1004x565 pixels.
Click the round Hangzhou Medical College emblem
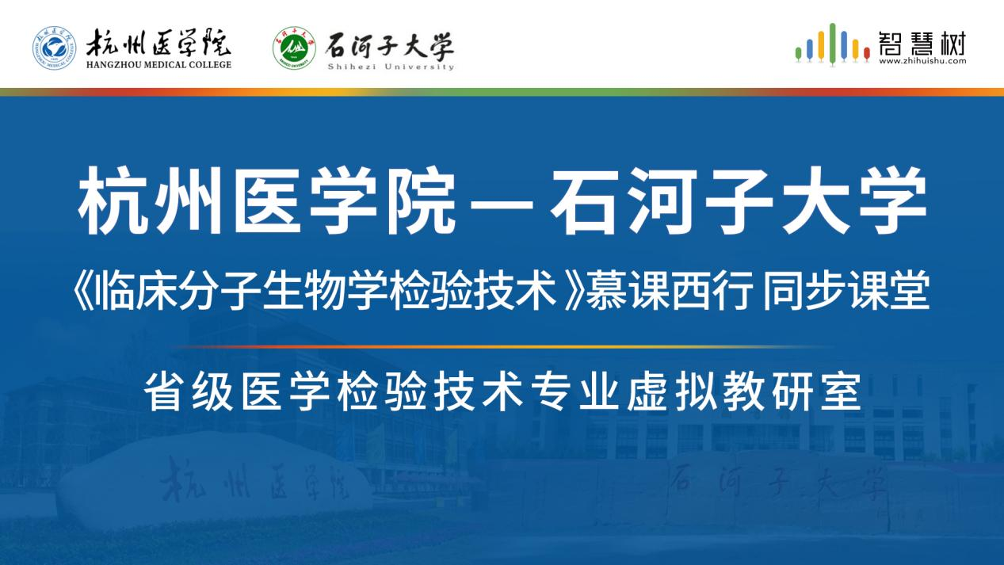pos(54,48)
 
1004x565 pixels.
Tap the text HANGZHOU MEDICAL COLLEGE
pos(158,65)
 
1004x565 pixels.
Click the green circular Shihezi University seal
pos(294,48)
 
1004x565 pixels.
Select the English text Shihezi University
pos(391,67)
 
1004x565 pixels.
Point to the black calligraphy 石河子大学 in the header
pos(390,46)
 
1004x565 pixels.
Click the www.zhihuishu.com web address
pos(922,61)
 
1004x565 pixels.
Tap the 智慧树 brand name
pos(922,43)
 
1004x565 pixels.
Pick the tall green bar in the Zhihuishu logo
pos(832,43)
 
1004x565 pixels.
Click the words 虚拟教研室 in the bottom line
pos(744,391)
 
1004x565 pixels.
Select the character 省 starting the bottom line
pos(164,391)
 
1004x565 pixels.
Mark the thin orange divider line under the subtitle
pos(502,347)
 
